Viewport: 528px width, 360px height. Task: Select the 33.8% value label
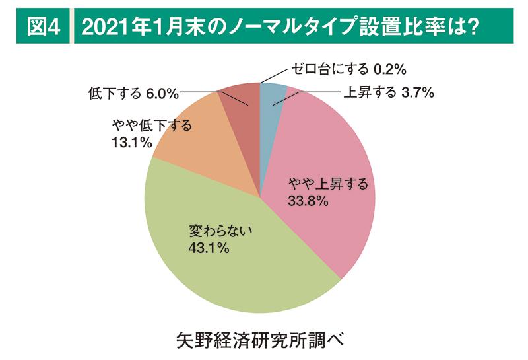coord(308,201)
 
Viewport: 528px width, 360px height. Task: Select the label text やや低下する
coord(152,125)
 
